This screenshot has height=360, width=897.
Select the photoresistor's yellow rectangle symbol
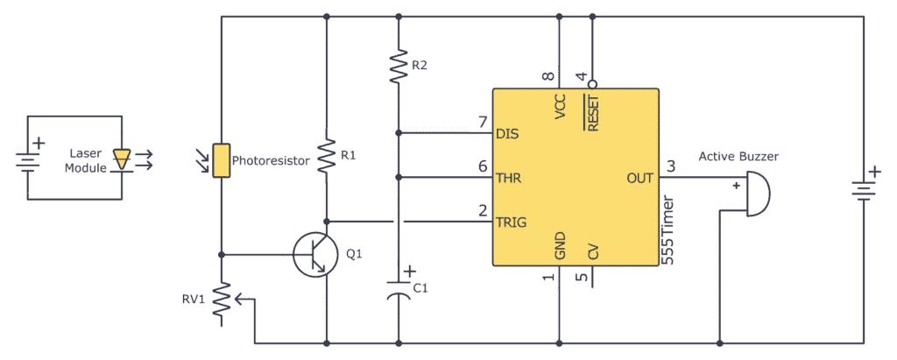(x=222, y=160)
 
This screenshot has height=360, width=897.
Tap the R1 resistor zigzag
(x=326, y=156)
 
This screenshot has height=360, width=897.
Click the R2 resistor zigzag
(x=399, y=66)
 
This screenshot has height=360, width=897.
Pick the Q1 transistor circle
(x=314, y=255)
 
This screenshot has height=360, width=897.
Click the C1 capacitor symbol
(x=399, y=289)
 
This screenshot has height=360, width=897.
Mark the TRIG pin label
(x=512, y=222)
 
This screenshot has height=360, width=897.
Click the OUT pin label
(x=639, y=178)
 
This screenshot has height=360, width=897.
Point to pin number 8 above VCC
(x=548, y=76)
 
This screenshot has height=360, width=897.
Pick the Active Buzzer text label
(x=738, y=157)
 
